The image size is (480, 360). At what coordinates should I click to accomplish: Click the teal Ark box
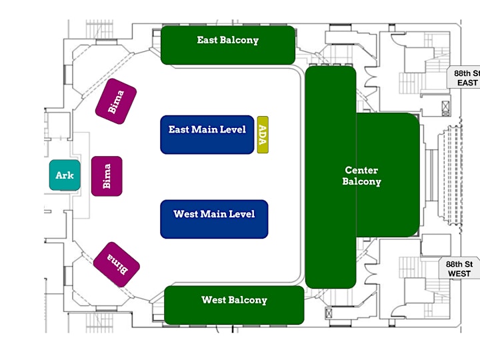(x=65, y=175)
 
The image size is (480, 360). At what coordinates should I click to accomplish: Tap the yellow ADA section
(x=263, y=135)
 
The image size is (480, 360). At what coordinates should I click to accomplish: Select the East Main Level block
(x=207, y=135)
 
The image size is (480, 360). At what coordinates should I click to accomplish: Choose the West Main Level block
(x=214, y=219)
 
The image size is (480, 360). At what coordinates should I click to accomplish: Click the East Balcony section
(x=228, y=45)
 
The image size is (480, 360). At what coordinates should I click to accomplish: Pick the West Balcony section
(x=234, y=305)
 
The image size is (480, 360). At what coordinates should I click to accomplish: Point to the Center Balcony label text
(x=361, y=176)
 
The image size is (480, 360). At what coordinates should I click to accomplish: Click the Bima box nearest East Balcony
(x=116, y=101)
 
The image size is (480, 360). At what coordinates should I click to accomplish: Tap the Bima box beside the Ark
(x=107, y=176)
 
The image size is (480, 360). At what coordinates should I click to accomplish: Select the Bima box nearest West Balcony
(x=117, y=265)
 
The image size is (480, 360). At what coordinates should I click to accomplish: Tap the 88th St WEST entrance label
(x=459, y=269)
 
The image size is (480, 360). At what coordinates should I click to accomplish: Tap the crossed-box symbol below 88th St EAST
(x=446, y=108)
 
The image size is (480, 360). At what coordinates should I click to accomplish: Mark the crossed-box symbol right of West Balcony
(x=329, y=313)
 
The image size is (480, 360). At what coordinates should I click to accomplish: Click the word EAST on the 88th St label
(x=467, y=83)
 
